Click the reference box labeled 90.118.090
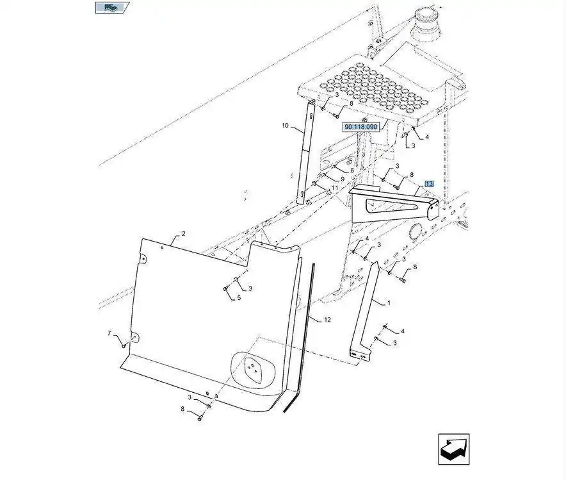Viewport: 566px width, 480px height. [361, 127]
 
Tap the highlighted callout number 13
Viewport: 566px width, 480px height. [428, 183]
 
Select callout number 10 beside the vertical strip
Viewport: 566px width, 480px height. [285, 126]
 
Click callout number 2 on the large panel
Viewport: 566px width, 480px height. [183, 234]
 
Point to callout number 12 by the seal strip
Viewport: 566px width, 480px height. [327, 319]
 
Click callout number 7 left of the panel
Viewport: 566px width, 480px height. [109, 333]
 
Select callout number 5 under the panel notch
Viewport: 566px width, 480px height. [239, 298]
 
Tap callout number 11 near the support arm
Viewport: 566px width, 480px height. [334, 188]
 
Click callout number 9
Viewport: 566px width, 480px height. [343, 179]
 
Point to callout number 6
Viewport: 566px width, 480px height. [352, 170]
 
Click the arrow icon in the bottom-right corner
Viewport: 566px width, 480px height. [454, 449]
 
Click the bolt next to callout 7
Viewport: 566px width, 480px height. [124, 346]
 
